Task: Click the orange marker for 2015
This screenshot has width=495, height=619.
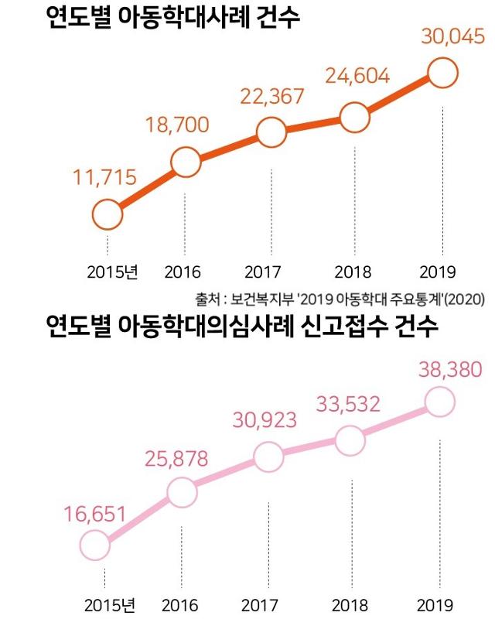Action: [x=108, y=214]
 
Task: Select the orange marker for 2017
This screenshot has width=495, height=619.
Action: [x=271, y=132]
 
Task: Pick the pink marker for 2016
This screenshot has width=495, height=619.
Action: [x=182, y=491]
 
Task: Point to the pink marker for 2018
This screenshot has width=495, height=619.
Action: [x=350, y=440]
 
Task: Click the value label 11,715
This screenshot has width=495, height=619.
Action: [x=104, y=177]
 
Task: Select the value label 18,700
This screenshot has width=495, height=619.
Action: [x=177, y=123]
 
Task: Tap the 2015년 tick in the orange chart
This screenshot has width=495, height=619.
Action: [x=111, y=272]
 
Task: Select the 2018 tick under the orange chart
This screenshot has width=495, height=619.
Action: [x=353, y=272]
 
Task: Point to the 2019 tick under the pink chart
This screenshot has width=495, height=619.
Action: [x=435, y=604]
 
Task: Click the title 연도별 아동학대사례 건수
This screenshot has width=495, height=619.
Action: [x=172, y=17]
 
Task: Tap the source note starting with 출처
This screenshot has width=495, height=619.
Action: [x=340, y=298]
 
